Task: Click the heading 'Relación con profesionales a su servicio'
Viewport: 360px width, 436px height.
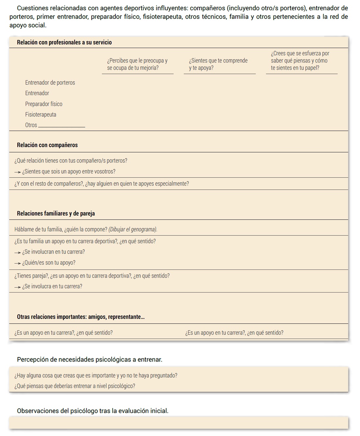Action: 64,42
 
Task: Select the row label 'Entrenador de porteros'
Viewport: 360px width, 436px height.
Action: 50,83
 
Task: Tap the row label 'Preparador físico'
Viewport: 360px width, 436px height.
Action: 44,104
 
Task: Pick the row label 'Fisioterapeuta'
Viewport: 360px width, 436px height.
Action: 41,115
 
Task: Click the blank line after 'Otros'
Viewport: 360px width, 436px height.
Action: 62,126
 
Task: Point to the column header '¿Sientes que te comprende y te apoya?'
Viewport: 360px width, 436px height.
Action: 218,64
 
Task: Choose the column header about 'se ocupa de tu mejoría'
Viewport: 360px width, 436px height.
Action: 137,64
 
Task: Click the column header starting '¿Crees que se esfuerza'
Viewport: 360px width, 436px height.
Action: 300,61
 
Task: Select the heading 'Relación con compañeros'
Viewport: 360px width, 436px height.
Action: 47,145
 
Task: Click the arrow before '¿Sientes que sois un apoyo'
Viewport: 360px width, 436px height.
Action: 17,172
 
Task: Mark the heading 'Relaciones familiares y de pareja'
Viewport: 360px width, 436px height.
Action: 56,214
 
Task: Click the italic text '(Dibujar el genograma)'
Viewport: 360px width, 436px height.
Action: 133,229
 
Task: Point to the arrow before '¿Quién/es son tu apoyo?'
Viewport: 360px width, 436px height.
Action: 17,263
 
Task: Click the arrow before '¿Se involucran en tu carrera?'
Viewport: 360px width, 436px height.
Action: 17,252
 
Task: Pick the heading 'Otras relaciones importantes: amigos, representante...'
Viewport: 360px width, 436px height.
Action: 81,317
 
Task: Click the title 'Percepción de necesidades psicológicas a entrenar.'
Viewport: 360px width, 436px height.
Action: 89,360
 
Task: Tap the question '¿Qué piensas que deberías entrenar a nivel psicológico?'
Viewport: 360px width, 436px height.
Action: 75,386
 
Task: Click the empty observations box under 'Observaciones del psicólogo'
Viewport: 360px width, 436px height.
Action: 179,423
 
